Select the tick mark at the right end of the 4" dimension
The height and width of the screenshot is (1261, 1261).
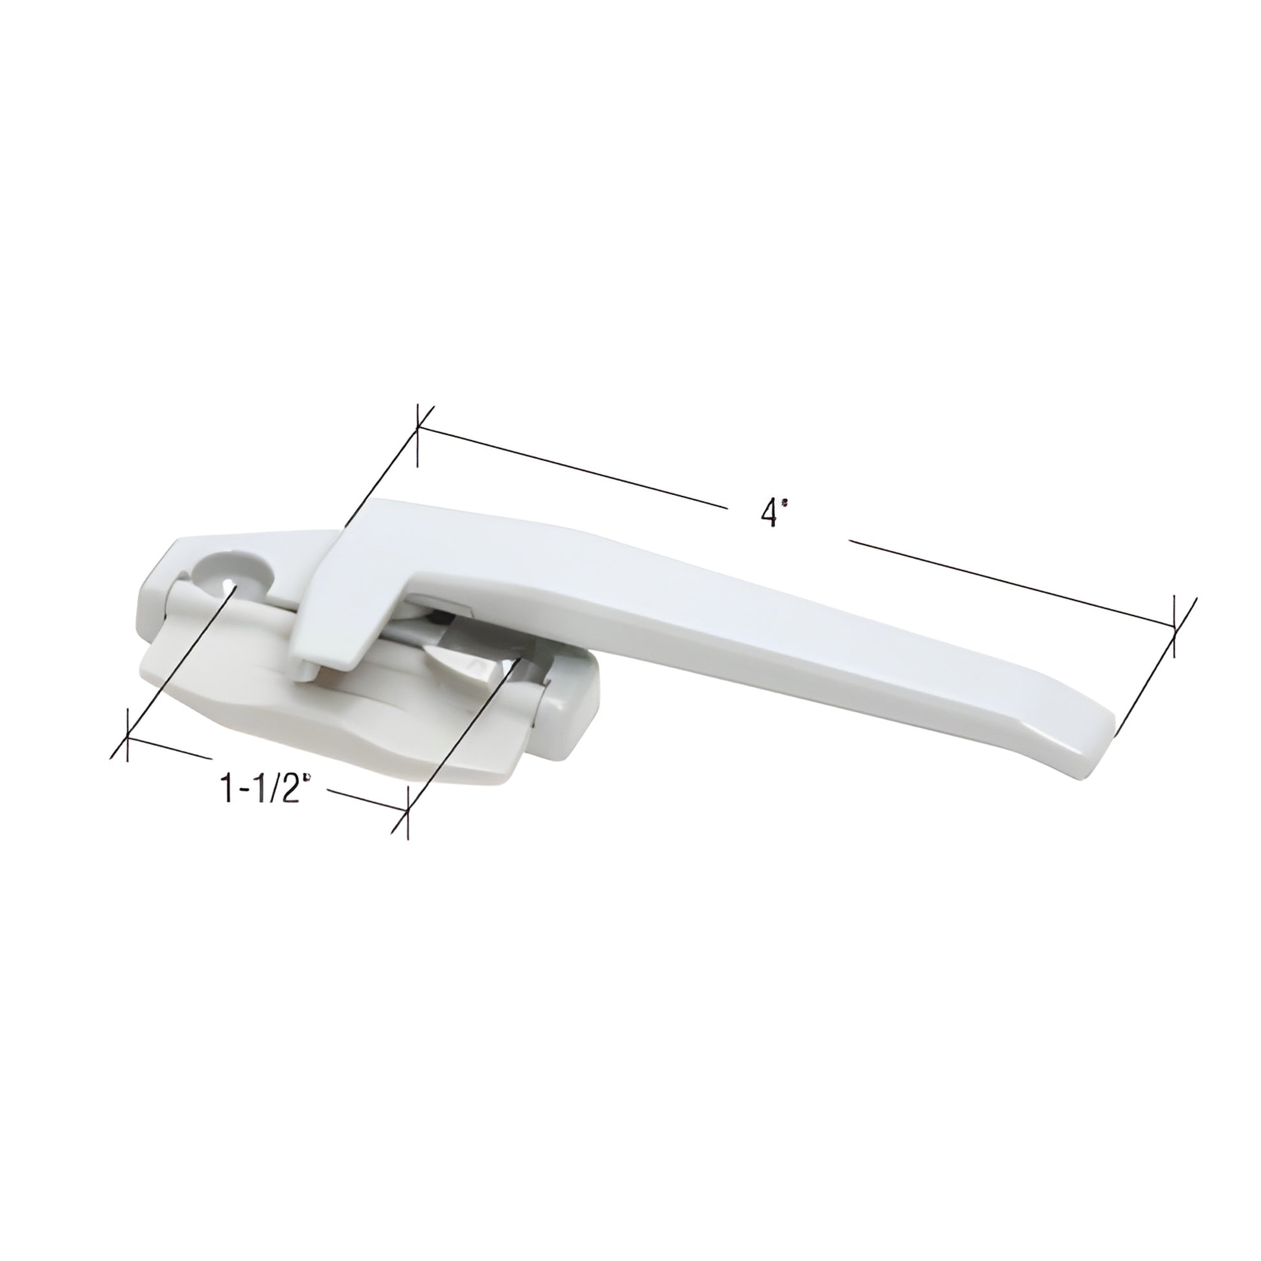[1175, 627]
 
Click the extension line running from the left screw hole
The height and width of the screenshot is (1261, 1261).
[176, 653]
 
